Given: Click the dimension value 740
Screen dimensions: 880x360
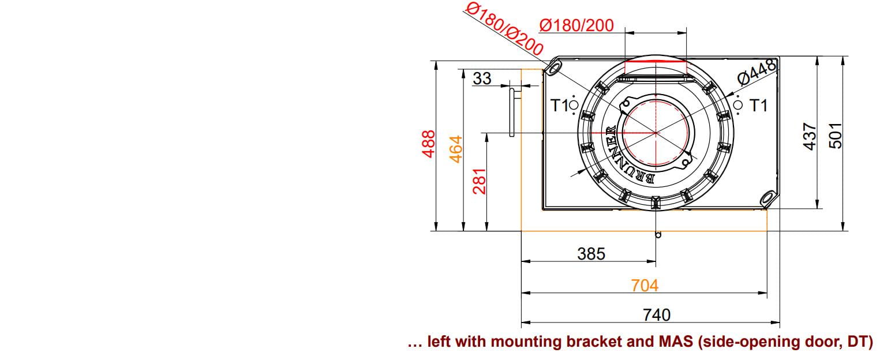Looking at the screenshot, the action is pyautogui.click(x=657, y=315).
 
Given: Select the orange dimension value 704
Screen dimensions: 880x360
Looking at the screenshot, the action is pyautogui.click(x=645, y=286).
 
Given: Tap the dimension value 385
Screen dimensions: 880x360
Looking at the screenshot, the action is pyautogui.click(x=591, y=254).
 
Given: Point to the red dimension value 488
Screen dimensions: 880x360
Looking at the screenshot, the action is pyautogui.click(x=429, y=144).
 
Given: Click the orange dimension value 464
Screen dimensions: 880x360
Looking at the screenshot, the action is pyautogui.click(x=456, y=149).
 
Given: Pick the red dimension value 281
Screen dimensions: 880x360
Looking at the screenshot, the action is pyautogui.click(x=480, y=181).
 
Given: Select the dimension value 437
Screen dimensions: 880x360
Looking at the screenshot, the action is pyautogui.click(x=810, y=136).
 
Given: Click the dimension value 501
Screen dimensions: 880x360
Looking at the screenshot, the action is pyautogui.click(x=836, y=136).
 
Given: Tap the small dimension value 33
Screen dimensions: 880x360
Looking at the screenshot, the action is pyautogui.click(x=482, y=78).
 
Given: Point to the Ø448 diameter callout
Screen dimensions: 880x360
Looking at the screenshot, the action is pyautogui.click(x=757, y=72).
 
